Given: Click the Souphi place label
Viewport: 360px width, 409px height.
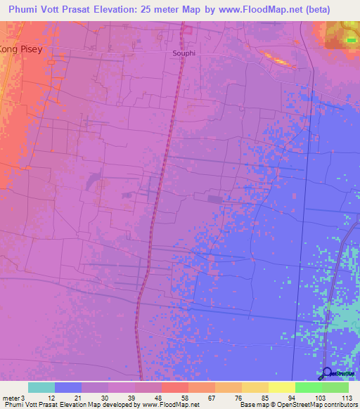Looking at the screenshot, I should [x=185, y=53].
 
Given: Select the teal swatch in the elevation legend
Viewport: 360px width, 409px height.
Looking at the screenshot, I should [x=41, y=387].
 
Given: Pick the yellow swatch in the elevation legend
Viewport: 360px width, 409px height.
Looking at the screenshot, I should [x=282, y=387].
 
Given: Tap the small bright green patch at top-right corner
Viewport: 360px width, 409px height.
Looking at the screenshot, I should [x=351, y=40].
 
